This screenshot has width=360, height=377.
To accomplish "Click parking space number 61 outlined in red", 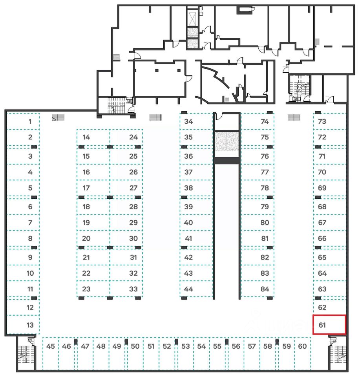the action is [x=329, y=325].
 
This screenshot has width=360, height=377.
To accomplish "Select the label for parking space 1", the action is [x=30, y=121].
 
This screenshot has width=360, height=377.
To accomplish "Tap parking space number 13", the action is [x=30, y=325].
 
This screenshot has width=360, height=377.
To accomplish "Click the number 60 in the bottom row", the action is [x=302, y=346].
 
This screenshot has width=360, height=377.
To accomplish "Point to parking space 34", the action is [x=189, y=121].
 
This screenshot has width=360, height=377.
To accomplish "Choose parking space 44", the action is [x=189, y=289].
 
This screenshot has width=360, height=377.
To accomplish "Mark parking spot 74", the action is [x=265, y=121].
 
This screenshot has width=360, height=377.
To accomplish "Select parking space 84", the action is [x=265, y=289].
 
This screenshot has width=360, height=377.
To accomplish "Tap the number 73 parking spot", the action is [x=322, y=121].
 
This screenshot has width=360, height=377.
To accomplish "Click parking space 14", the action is [x=86, y=137].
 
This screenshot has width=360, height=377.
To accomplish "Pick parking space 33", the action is [x=133, y=289].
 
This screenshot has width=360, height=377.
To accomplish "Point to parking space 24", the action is [x=133, y=137].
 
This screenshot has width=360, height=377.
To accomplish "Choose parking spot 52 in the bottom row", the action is [x=167, y=346].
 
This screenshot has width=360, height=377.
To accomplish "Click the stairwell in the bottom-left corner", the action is [x=26, y=353].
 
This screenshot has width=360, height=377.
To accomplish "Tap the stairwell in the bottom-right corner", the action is [x=338, y=353].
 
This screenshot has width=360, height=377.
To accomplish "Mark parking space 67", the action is [x=322, y=222].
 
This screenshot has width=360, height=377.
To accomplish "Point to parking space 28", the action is [x=133, y=207].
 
